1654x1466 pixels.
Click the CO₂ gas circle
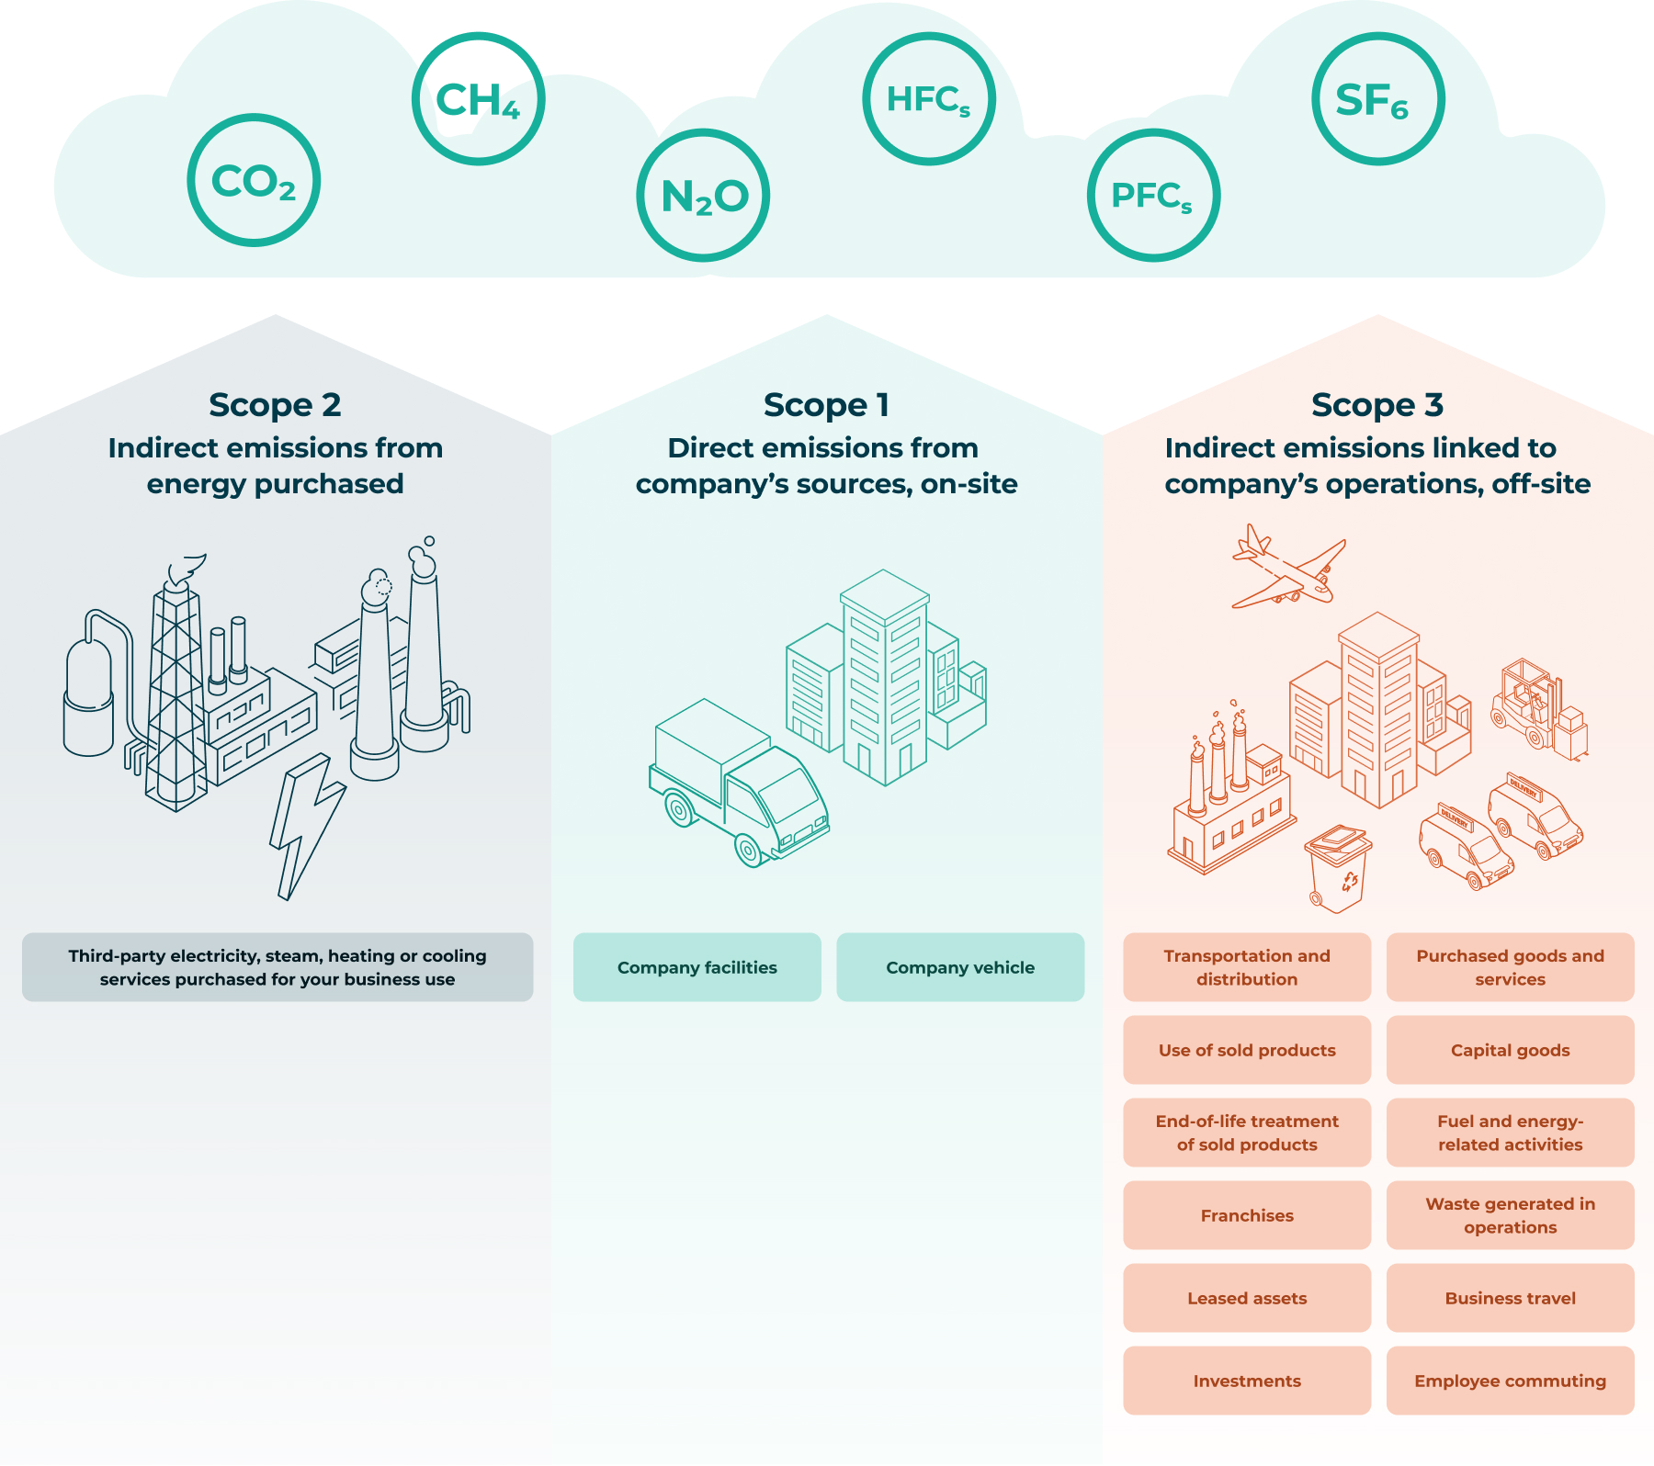click(x=254, y=180)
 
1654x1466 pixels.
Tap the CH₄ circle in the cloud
click(x=478, y=99)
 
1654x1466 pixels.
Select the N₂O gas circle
click(x=703, y=196)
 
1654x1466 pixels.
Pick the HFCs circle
click(x=928, y=99)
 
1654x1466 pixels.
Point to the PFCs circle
click(x=1153, y=196)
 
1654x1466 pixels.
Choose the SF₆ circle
click(x=1377, y=99)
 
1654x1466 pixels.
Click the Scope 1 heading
click(x=826, y=405)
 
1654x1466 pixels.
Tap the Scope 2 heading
click(x=275, y=405)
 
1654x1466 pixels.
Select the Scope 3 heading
click(x=1377, y=405)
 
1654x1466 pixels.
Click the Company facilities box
click(x=697, y=967)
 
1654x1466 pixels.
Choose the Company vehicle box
click(x=960, y=967)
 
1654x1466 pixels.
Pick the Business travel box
click(x=1510, y=1298)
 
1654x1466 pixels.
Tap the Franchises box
click(x=1247, y=1215)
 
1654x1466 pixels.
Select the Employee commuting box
click(x=1510, y=1381)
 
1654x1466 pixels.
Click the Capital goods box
click(x=1510, y=1050)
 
